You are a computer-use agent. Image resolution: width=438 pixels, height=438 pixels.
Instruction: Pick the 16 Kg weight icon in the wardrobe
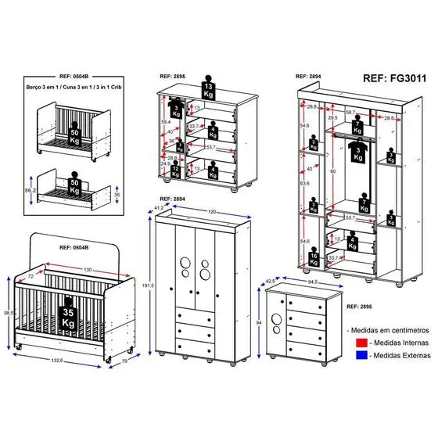[313, 258]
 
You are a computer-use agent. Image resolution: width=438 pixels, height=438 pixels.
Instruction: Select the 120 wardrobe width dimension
[210, 212]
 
